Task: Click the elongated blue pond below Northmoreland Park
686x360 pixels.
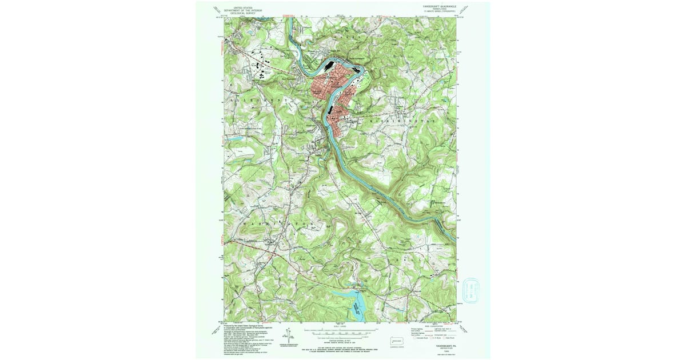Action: click(236, 139)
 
